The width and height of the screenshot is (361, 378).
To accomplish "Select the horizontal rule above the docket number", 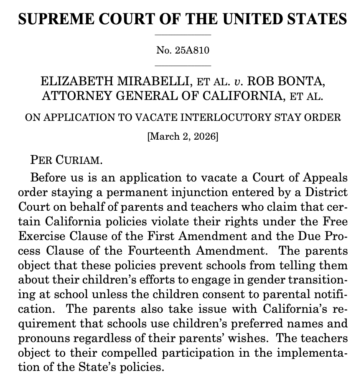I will [183, 35].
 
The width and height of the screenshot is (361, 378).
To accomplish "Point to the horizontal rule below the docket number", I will [183, 66].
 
